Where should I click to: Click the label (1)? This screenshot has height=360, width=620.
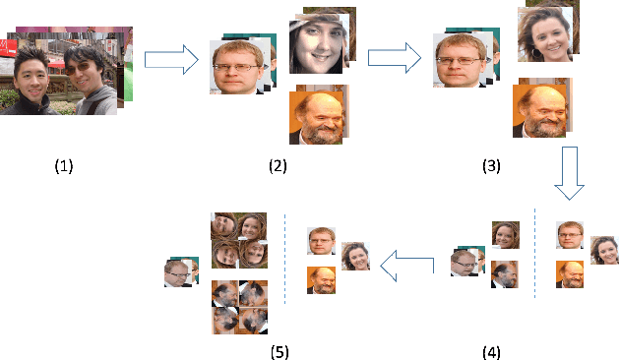pyautogui.click(x=64, y=166)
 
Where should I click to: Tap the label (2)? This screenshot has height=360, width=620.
pyautogui.click(x=278, y=166)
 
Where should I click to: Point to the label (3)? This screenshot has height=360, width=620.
pyautogui.click(x=491, y=166)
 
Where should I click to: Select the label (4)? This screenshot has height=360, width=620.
pyautogui.click(x=491, y=349)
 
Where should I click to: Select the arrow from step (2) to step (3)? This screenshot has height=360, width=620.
pyautogui.click(x=390, y=59)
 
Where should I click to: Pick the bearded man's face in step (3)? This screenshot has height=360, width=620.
pyautogui.click(x=539, y=109)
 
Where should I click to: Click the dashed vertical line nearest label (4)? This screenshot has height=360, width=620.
pyautogui.click(x=535, y=253)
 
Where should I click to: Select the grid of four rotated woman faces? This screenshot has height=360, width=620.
pyautogui.click(x=239, y=240)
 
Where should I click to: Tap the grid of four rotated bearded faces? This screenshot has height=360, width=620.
pyautogui.click(x=239, y=306)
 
